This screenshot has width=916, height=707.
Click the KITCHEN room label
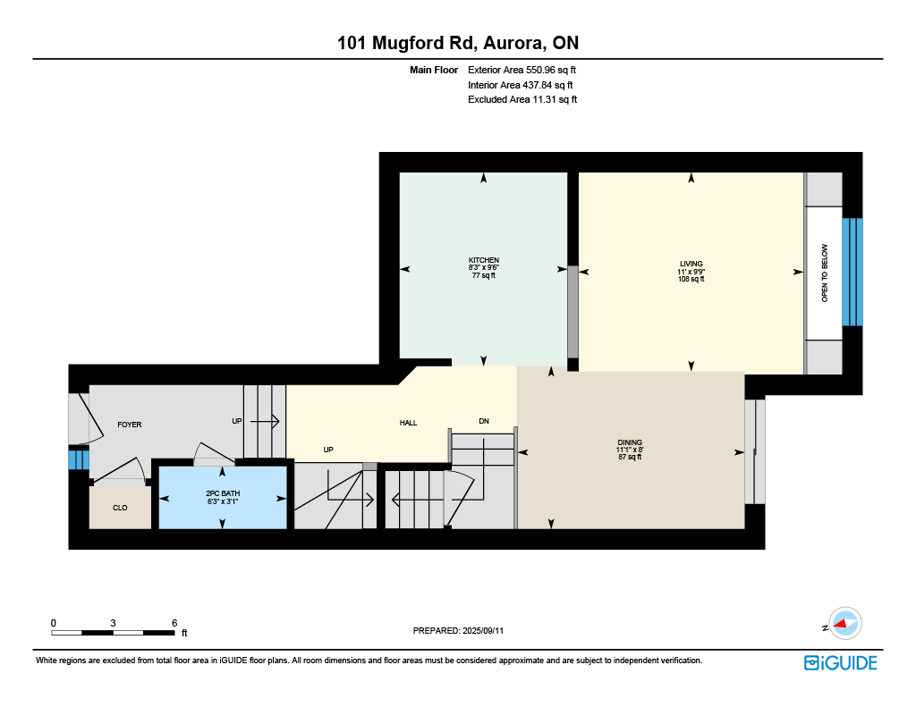point(484,260)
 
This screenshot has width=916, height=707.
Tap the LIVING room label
point(691,264)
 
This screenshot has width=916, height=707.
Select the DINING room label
point(630,442)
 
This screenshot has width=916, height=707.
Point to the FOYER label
point(130,425)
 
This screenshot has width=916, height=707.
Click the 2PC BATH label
point(223,493)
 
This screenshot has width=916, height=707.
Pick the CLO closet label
point(120,508)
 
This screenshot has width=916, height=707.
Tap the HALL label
point(408,423)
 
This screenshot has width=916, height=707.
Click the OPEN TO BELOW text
point(825,274)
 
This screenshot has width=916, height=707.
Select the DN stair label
point(484,421)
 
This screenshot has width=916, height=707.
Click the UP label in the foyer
point(236,421)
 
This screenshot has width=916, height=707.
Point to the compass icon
point(845,624)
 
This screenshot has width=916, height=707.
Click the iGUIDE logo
point(841,663)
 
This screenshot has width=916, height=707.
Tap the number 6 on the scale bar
point(174,623)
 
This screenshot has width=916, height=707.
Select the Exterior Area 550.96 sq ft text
point(522,70)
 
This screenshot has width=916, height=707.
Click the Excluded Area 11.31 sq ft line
point(522,100)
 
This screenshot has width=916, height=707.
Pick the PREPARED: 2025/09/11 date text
point(458,630)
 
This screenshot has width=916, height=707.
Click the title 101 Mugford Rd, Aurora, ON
point(458,43)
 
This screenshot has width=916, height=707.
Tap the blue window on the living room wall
point(852,272)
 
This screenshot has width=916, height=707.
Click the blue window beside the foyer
point(79,458)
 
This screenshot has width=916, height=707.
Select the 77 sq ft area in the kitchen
point(484,275)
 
